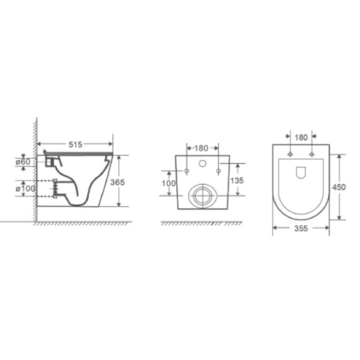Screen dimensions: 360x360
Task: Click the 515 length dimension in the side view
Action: pyautogui.click(x=75, y=145)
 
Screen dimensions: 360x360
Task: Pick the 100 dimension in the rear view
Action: pyautogui.click(x=169, y=182)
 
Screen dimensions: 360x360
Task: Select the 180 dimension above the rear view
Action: pyautogui.click(x=202, y=148)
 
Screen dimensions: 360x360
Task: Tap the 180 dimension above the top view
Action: pyautogui.click(x=301, y=138)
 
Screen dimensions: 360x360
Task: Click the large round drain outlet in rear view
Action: pyautogui.click(x=202, y=196)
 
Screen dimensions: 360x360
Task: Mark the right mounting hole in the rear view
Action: pyautogui.click(x=218, y=172)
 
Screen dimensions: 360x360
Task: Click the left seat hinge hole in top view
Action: pyautogui.click(x=290, y=154)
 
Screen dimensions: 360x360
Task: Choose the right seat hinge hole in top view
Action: pyautogui.click(x=312, y=154)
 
